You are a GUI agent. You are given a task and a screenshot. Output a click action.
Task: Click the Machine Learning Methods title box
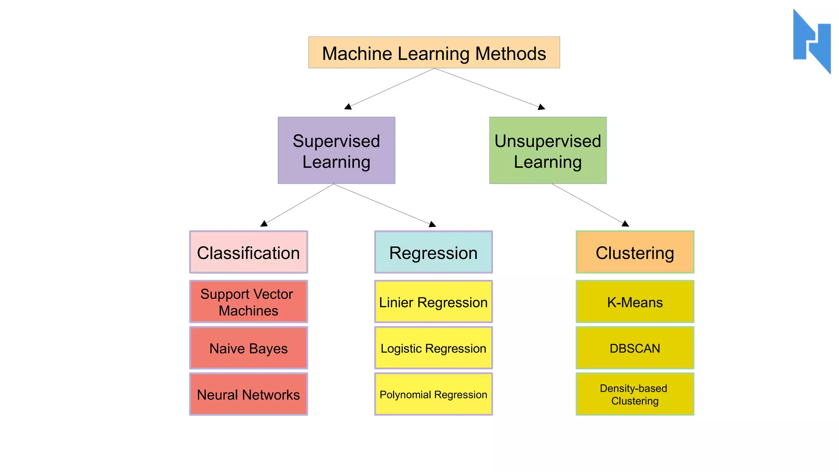(x=434, y=53)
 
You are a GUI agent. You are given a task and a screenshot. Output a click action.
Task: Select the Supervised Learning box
(x=336, y=150)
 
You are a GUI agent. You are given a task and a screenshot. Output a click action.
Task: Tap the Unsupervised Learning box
(x=548, y=150)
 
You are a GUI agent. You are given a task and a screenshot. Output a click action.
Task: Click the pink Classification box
(x=248, y=252)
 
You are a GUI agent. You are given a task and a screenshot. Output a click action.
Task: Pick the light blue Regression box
(x=433, y=252)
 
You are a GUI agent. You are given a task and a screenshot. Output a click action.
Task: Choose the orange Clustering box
(x=635, y=252)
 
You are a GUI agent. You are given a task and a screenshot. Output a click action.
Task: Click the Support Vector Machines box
(x=248, y=302)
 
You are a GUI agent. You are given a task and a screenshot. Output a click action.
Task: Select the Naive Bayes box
(x=248, y=348)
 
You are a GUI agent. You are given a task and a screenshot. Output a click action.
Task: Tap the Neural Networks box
(x=248, y=394)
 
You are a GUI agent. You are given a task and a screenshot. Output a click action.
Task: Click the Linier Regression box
(x=433, y=302)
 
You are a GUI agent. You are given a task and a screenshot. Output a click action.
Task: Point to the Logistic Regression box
(x=433, y=348)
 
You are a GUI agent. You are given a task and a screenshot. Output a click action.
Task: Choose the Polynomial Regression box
(x=433, y=394)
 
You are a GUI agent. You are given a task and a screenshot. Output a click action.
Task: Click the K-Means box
(x=635, y=302)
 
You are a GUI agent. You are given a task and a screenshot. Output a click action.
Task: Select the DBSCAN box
(x=635, y=348)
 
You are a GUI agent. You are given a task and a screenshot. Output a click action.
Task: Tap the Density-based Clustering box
(x=635, y=394)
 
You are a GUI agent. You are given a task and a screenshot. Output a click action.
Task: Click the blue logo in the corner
(x=812, y=41)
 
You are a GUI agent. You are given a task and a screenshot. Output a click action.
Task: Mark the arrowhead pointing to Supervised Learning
(x=348, y=107)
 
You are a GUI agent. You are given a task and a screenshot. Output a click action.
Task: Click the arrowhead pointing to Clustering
(x=625, y=223)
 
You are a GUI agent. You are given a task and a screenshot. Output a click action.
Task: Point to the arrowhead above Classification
(x=264, y=223)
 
